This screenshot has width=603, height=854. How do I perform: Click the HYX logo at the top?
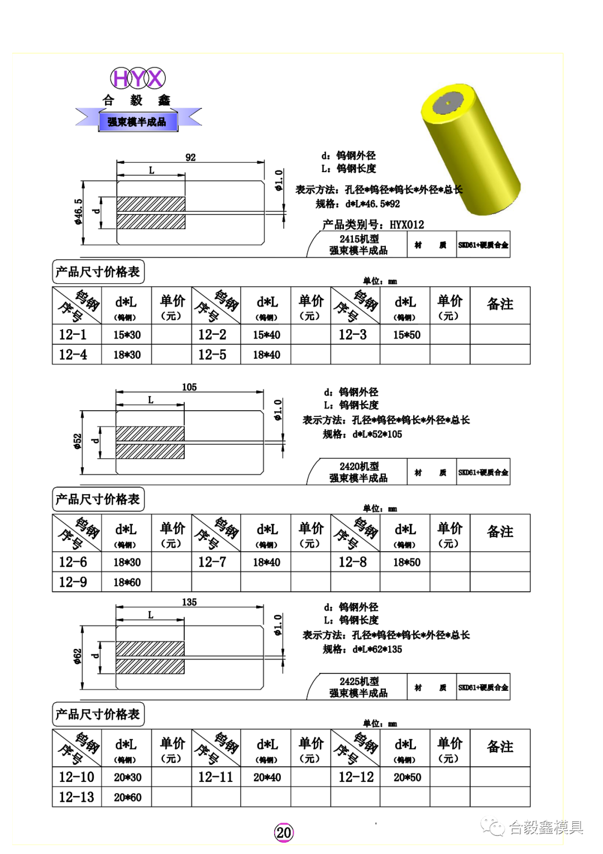tap(137, 78)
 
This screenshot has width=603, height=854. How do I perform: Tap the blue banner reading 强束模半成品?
tap(138, 121)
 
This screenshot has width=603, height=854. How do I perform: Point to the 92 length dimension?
tap(190, 158)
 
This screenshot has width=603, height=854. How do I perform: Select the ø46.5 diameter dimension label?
tap(78, 212)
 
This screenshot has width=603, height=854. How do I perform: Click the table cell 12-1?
tap(73, 335)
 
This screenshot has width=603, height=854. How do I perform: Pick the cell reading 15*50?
tap(406, 335)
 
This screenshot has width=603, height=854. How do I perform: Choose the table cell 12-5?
tap(212, 355)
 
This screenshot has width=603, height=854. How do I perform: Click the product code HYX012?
tap(406, 225)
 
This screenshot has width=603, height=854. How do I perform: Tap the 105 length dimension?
tap(189, 387)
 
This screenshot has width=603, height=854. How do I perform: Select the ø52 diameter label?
tap(78, 442)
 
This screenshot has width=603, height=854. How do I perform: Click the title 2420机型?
tap(359, 466)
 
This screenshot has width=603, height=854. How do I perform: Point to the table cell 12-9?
tap(73, 582)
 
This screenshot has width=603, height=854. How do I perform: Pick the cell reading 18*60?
tap(127, 582)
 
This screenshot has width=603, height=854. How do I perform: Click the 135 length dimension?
tap(189, 602)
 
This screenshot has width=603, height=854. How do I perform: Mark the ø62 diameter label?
tap(78, 656)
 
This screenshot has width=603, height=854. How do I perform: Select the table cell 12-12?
tap(356, 777)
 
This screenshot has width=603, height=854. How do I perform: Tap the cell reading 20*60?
tap(127, 798)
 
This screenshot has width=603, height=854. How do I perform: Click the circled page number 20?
tap(284, 833)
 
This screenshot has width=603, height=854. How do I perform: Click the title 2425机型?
tap(359, 681)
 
